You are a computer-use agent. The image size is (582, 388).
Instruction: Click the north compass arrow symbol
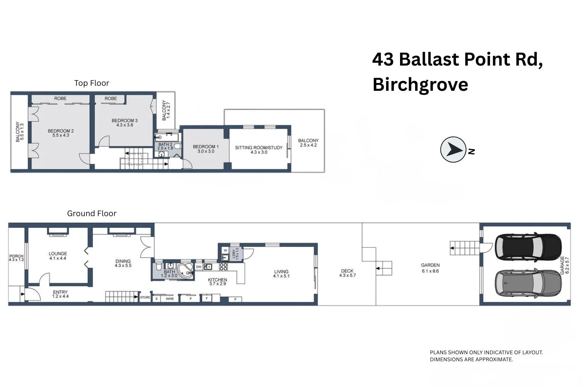pos(453,149)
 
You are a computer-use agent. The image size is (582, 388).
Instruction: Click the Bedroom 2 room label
pos(61,133)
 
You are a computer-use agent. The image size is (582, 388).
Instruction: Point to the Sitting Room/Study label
pos(259,150)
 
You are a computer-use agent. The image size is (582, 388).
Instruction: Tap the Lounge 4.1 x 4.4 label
pos(58,256)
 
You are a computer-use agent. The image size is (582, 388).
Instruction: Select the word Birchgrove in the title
pos(420,85)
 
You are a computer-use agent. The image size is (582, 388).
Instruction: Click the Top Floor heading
pos(92,83)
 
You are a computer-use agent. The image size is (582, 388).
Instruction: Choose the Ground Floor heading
pos(92,213)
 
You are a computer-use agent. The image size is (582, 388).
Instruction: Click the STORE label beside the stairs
pos(145,297)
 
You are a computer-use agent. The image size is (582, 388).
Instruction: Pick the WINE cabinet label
pos(170,299)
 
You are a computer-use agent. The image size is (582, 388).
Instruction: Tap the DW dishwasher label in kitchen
pos(199,267)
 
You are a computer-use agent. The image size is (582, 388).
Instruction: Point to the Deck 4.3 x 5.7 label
pos(347,273)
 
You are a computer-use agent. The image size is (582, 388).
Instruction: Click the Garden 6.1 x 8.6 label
pos(430,268)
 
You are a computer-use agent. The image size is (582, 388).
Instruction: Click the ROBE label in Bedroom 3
pos(111,99)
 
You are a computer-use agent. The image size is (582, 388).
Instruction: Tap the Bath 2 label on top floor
pos(165,146)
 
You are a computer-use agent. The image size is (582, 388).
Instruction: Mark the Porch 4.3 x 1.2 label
pos(16,258)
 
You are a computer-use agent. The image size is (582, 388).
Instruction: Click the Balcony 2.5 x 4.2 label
pos(308,143)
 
